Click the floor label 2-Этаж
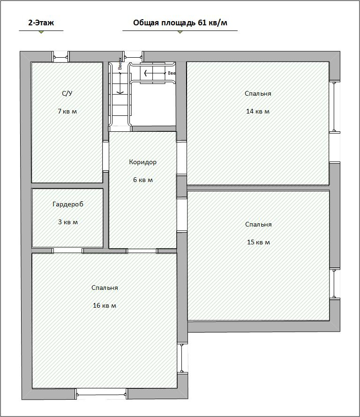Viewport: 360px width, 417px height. [x=41, y=23]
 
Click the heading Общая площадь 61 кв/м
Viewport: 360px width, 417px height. [x=180, y=23]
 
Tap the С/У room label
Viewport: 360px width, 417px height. [x=67, y=93]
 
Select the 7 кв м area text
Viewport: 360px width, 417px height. [x=67, y=111]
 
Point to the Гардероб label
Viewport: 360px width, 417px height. [x=68, y=204]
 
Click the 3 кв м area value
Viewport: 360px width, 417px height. [x=68, y=222]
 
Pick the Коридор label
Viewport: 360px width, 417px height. [x=142, y=162]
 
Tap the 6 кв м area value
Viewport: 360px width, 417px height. [x=143, y=180]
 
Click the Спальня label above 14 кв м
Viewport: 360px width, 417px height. [x=258, y=94]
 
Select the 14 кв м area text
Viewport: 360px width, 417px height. [x=258, y=111]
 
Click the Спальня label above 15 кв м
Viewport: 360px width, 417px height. [x=258, y=225]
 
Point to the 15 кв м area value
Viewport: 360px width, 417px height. [x=258, y=242]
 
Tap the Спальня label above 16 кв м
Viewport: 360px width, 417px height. [x=105, y=288]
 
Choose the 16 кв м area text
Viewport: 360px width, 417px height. [x=105, y=305]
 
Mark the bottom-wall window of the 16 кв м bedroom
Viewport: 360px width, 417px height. [x=101, y=394]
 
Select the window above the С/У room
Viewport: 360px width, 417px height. [x=60, y=57]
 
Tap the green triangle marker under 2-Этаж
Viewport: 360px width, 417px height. [x=41, y=32]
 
